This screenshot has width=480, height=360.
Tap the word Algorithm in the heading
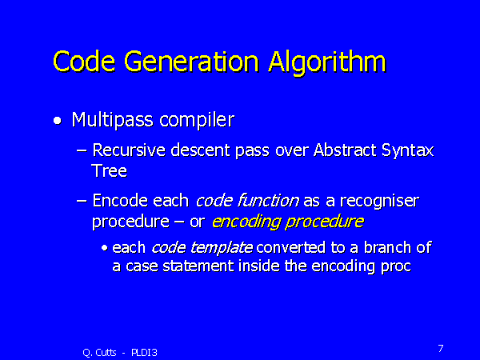click(327, 63)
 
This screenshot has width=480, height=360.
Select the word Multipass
click(112, 120)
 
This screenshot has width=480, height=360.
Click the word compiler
click(197, 120)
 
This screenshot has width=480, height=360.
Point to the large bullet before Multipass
click(58, 121)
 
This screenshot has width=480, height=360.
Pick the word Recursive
click(129, 150)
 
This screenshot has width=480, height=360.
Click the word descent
click(200, 150)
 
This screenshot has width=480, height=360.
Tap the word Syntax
click(408, 151)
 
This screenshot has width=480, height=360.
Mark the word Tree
click(110, 170)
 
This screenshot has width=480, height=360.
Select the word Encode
click(120, 201)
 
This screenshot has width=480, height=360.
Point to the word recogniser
click(379, 202)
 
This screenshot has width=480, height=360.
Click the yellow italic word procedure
click(325, 222)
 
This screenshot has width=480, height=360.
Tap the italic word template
click(222, 248)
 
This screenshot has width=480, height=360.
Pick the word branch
click(387, 247)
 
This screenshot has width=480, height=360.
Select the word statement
click(198, 266)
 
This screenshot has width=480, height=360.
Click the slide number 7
click(441, 348)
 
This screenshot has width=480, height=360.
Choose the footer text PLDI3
click(144, 353)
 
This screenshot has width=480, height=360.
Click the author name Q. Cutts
click(99, 353)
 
